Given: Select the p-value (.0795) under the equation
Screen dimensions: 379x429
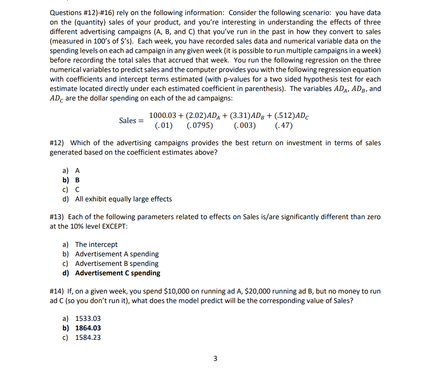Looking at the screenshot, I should (x=199, y=126).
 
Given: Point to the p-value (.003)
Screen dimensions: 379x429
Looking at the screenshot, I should (x=245, y=126).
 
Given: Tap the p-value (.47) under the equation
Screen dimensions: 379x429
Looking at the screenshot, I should (x=283, y=126).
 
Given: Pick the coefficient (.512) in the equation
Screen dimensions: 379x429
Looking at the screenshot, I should (x=286, y=116).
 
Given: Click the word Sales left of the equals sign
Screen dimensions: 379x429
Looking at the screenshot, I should (x=128, y=120).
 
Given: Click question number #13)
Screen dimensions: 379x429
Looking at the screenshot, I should (x=58, y=217).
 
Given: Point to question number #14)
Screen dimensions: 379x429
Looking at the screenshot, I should (x=58, y=291).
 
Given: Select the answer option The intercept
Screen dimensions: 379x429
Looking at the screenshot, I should (x=96, y=244).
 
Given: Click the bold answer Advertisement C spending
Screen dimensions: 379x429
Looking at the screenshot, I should (x=118, y=273).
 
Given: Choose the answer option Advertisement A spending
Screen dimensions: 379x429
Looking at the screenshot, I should (x=117, y=254).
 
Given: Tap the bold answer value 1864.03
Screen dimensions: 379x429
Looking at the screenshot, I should (x=88, y=328).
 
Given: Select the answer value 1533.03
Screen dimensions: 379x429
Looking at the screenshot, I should (x=88, y=318).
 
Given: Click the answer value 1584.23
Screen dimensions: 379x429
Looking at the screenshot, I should (x=88, y=337).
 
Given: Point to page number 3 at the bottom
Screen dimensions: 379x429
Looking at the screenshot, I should (x=215, y=359).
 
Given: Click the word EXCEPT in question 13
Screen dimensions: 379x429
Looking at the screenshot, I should (x=115, y=226).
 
